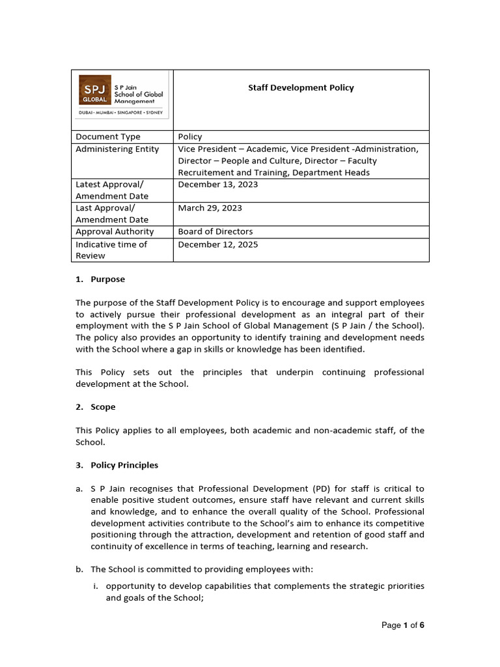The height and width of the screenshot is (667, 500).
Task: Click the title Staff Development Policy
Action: pos(301,87)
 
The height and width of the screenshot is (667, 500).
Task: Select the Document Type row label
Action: pos(108,137)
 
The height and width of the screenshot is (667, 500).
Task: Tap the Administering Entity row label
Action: pos(117,149)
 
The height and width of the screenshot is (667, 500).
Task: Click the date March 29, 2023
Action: pos(210,208)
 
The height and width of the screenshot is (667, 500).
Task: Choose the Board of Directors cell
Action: pos(215,231)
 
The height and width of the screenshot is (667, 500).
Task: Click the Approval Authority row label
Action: pos(115,231)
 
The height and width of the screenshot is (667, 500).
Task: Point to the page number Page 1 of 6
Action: pos(402,625)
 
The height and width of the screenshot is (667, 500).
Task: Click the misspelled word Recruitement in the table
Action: pos(207,173)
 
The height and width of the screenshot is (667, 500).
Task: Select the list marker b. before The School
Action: pos(79,569)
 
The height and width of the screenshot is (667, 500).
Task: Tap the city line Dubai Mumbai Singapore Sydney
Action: pos(122,112)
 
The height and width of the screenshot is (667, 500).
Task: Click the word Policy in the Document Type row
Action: pos(190,137)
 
